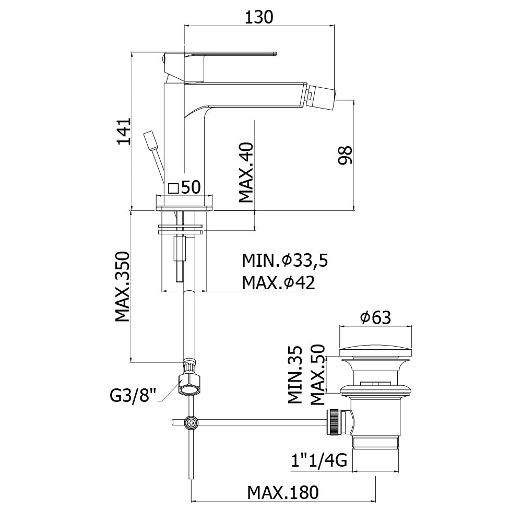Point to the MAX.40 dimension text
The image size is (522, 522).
click(x=245, y=173)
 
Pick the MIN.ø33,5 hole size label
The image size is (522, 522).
click(x=284, y=259)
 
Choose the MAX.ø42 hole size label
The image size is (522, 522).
click(x=278, y=282)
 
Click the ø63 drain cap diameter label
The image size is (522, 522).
click(x=375, y=316)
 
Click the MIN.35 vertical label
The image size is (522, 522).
click(x=295, y=375)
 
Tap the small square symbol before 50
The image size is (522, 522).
click(x=174, y=188)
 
